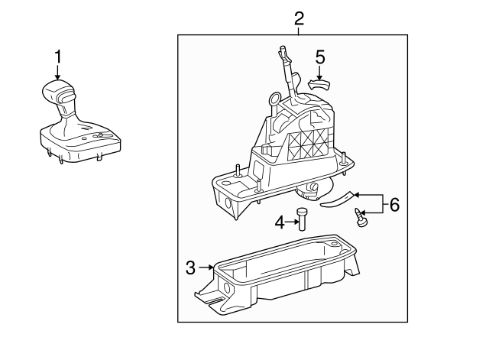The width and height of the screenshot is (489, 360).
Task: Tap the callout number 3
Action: click(191, 267)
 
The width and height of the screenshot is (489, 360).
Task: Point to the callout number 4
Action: click(280, 222)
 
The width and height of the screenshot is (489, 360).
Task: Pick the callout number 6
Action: click(393, 204)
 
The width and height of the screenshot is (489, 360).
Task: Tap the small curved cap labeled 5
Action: click(319, 83)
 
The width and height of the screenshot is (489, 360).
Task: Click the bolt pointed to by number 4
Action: click(303, 219)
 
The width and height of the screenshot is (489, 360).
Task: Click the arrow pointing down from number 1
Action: click(57, 70)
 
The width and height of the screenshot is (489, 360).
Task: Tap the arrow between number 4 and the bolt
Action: click(291, 222)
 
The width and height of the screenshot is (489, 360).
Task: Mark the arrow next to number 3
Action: click(206, 267)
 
